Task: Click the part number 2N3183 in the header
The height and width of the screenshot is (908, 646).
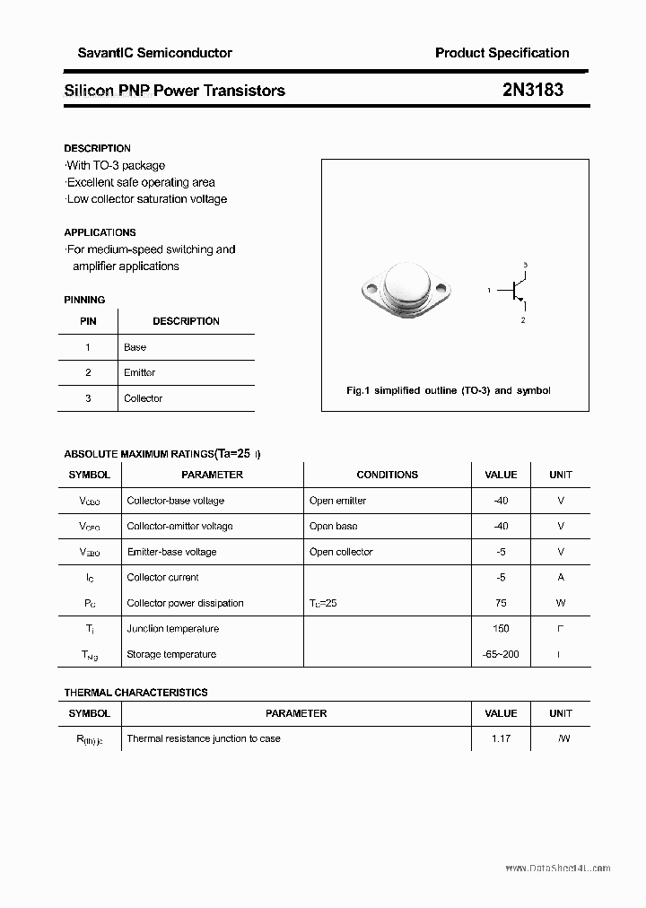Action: tap(533, 90)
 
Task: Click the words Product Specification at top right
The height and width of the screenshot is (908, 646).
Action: tap(502, 53)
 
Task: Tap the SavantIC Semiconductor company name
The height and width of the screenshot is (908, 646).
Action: tap(148, 53)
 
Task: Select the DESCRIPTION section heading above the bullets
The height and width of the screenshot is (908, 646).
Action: tap(97, 148)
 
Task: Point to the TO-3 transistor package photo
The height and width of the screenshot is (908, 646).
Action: tap(405, 289)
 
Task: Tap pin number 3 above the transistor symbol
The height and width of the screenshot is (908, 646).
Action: tap(525, 265)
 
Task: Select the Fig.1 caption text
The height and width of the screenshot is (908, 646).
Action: tap(448, 390)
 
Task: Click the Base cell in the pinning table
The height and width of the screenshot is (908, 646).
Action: tap(135, 347)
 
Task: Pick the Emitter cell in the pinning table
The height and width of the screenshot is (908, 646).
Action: tap(139, 372)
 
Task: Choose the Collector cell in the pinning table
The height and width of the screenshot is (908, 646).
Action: tap(143, 398)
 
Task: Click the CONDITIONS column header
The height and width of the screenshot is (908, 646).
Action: tap(387, 475)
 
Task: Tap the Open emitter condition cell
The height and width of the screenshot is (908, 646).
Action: tap(337, 501)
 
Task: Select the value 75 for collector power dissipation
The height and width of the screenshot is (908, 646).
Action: tap(501, 603)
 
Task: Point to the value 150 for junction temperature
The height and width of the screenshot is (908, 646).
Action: tap(501, 629)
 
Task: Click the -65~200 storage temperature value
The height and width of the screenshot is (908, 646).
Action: tap(501, 654)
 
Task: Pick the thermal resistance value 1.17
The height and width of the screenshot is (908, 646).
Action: tap(501, 738)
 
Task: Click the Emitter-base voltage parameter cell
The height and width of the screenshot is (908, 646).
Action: tap(171, 552)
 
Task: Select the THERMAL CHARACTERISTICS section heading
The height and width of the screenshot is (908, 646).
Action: tap(135, 693)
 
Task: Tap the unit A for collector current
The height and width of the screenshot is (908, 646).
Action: tap(561, 578)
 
